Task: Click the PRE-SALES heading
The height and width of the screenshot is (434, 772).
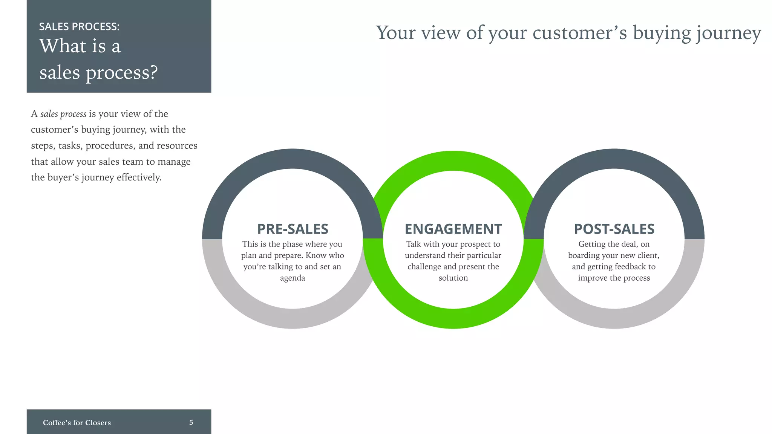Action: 293,229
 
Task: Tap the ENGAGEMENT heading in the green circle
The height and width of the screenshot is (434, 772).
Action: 453,229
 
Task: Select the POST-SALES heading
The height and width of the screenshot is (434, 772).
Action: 614,229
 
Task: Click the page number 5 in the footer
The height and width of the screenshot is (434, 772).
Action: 191,422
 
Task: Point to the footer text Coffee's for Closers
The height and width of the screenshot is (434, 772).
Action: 77,423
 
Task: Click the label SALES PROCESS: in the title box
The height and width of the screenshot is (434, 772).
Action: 79,27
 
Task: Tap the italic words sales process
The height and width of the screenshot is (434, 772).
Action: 63,114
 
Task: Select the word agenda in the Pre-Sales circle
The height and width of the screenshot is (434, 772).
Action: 293,278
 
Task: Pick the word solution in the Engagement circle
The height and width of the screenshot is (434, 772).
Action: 453,278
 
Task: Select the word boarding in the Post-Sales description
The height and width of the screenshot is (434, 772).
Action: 584,255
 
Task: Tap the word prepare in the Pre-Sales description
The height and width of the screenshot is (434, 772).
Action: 288,255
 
